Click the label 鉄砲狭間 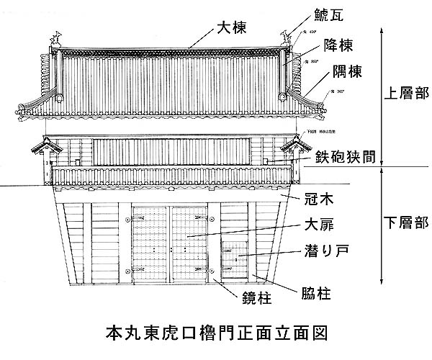(x=348, y=154)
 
